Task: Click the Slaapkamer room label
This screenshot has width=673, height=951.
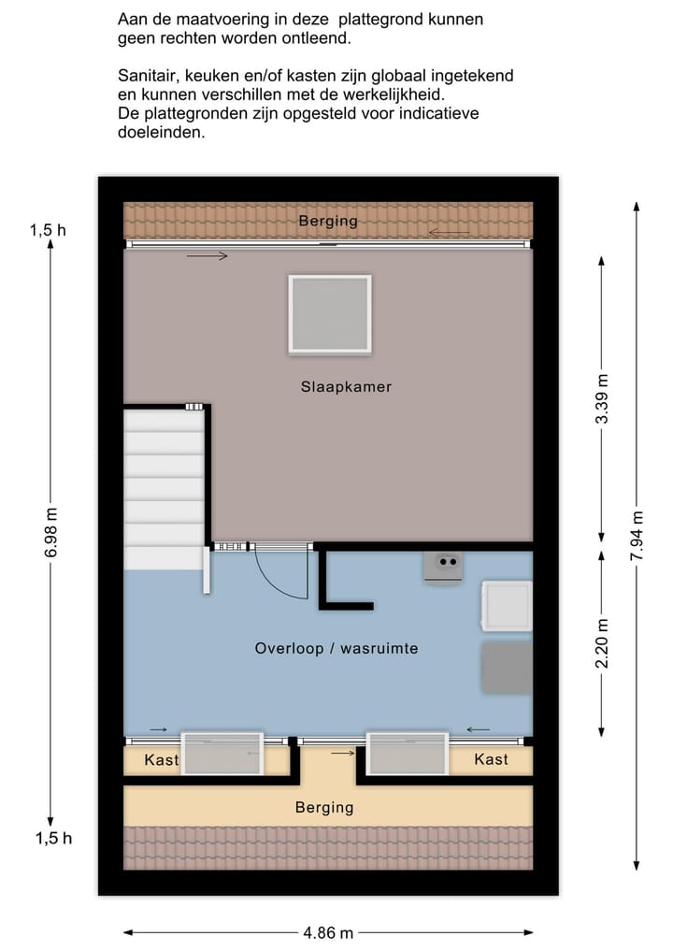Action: pos(346,386)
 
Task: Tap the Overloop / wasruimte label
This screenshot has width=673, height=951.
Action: pos(336,648)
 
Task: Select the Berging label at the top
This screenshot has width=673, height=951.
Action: pos(328,222)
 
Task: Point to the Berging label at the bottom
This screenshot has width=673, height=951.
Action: pos(324,807)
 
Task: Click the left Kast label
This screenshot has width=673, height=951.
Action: pos(161,760)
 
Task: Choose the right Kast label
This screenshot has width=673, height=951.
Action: pos(491,759)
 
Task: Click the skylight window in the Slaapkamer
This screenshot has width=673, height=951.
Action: pos(329,314)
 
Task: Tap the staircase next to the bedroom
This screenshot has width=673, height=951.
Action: pos(165,486)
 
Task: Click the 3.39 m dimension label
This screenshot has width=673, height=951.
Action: pos(603,399)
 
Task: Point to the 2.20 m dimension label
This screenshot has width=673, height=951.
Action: pos(603,643)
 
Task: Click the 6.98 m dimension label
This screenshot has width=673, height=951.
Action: pos(51,533)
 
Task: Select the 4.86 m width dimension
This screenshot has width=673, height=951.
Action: pos(327,932)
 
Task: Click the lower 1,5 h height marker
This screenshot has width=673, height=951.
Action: pos(53,838)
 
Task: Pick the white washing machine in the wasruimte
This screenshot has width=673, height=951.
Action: pos(507,605)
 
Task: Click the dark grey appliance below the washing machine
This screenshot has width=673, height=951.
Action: pos(507,668)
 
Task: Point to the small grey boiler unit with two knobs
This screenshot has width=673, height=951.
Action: pos(443,566)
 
